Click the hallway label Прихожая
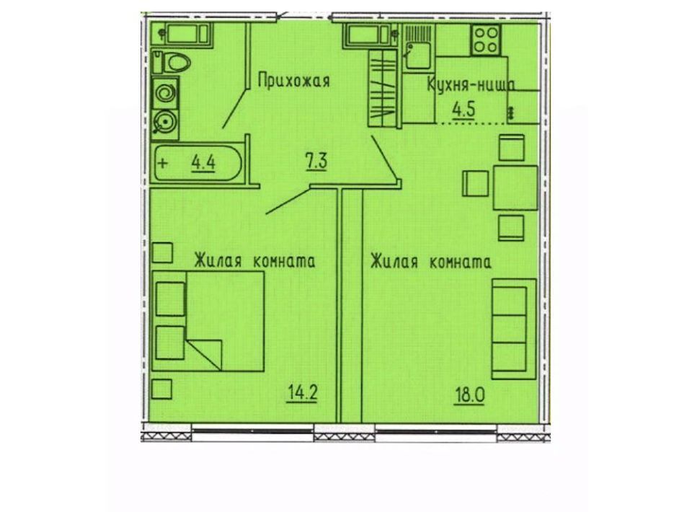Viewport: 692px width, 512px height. [x=293, y=81]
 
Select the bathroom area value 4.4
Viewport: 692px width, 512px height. [x=203, y=163]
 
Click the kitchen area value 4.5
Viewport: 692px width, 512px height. [x=466, y=109]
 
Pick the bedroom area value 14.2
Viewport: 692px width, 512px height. [x=302, y=392]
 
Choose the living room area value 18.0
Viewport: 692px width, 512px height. [x=469, y=394]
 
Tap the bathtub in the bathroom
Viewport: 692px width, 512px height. [x=198, y=163]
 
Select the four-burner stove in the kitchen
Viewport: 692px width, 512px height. [x=486, y=39]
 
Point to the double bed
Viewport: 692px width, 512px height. [x=208, y=321]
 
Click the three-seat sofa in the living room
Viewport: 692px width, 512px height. [x=514, y=329]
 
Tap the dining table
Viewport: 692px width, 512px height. [x=515, y=187]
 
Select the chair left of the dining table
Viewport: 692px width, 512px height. [x=475, y=184]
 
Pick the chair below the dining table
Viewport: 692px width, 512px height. [x=512, y=228]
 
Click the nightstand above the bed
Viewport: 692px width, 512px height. [x=162, y=253]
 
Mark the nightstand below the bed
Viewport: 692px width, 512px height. [x=161, y=389]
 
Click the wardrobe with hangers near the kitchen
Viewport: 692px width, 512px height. [x=383, y=88]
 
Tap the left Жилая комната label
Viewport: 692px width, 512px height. [x=254, y=261]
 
